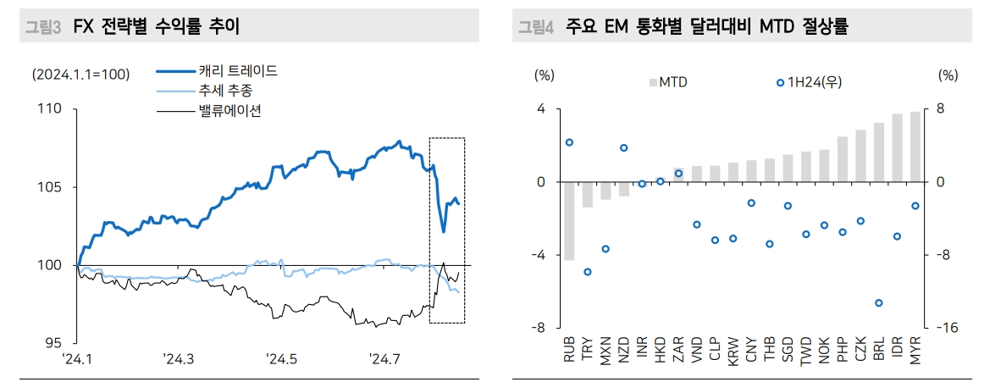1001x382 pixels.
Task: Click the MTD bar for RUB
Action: [569, 221]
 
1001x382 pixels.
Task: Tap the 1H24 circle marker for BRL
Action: [879, 303]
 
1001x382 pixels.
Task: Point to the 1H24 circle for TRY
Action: [587, 272]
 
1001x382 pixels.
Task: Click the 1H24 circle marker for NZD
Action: [623, 147]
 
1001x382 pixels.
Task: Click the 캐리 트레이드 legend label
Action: [226, 71]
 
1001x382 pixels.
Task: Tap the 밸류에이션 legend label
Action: [218, 110]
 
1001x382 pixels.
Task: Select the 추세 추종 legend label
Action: [213, 91]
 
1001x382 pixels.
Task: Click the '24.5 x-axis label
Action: [281, 359]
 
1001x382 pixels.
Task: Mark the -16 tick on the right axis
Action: [948, 328]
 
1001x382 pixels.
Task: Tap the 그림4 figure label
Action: [537, 28]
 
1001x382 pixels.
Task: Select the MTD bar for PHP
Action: [843, 159]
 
